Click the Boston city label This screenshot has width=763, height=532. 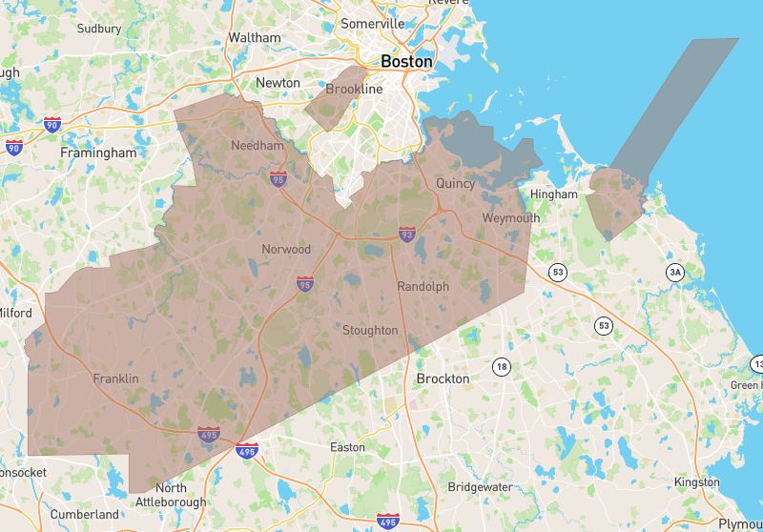[x=406, y=62]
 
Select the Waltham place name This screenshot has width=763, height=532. [x=255, y=38]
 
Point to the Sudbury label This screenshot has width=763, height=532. [x=99, y=29]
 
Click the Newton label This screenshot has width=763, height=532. [x=278, y=83]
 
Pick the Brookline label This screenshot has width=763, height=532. [x=354, y=90]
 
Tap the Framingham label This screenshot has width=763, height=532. [x=98, y=153]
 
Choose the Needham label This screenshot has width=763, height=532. [x=258, y=146]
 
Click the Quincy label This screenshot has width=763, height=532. [x=455, y=183]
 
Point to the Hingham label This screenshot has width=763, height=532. [x=554, y=194]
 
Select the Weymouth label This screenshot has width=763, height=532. [x=510, y=218]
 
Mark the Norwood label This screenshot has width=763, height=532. [x=286, y=250]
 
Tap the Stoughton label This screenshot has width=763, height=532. [x=370, y=331]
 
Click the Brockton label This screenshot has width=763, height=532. [x=443, y=379]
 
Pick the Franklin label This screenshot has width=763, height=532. [x=115, y=379]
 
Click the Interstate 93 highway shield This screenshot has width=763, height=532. [x=407, y=234]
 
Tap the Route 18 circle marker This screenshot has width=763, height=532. [x=502, y=366]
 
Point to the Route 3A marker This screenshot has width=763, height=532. [x=675, y=273]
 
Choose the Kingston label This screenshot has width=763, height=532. [x=696, y=482]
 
